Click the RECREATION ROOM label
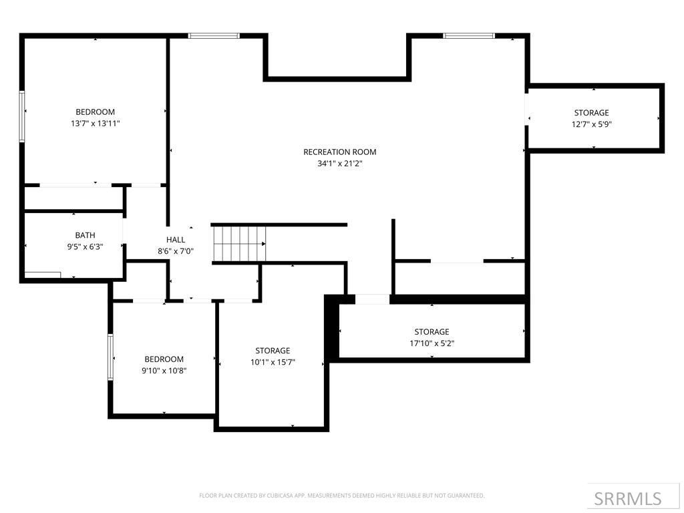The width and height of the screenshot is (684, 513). click(339, 152)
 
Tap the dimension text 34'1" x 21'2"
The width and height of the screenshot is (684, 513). click(339, 163)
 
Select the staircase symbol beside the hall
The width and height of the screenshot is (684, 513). click(239, 244)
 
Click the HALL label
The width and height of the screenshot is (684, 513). click(176, 240)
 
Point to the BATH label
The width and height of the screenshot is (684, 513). click(85, 235)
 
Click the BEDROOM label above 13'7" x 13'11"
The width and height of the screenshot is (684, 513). click(95, 112)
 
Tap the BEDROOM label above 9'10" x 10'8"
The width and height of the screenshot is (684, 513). click(164, 359)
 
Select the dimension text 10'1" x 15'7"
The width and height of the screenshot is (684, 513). click(273, 362)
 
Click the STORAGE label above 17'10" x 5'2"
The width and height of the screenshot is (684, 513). click(432, 332)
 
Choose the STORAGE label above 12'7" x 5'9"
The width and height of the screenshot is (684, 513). click(591, 113)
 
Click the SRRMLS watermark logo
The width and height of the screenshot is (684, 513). click(627, 498)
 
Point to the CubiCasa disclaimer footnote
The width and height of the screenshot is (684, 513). click(341, 496)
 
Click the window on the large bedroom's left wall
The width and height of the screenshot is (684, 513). click(22, 116)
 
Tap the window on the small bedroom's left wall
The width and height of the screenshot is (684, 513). click(111, 357)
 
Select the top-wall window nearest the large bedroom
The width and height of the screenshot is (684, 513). click(214, 35)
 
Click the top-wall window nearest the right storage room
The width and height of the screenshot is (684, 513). click(469, 35)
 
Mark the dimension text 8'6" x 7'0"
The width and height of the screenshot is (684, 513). click(175, 251)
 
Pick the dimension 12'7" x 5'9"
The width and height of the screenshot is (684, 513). click(591, 124)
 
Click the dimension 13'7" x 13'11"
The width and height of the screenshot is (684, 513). click(95, 123)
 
